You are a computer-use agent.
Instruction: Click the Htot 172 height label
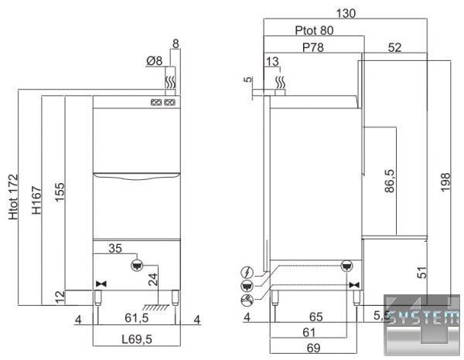click(13, 197)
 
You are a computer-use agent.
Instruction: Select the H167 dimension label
click(36, 200)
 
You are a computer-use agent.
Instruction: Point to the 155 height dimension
click(60, 192)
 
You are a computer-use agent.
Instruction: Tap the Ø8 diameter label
click(155, 61)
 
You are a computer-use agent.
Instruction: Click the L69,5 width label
click(137, 339)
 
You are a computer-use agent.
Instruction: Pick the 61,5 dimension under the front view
click(136, 318)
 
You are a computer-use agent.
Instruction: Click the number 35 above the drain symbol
click(115, 249)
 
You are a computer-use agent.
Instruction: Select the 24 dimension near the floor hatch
click(153, 280)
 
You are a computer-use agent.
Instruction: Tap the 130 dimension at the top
click(346, 13)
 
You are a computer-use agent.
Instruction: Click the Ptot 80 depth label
click(314, 30)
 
